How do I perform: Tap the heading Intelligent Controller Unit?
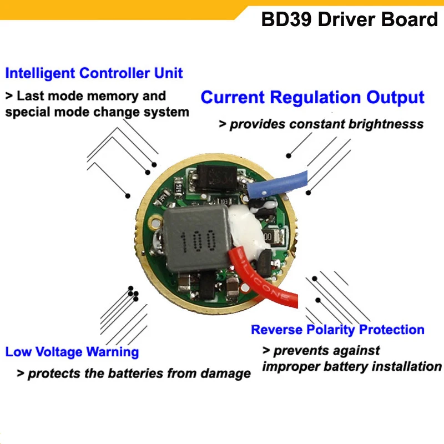click(94, 73)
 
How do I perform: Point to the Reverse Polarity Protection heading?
click(337, 330)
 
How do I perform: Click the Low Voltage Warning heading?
click(72, 352)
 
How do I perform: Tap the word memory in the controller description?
click(115, 96)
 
